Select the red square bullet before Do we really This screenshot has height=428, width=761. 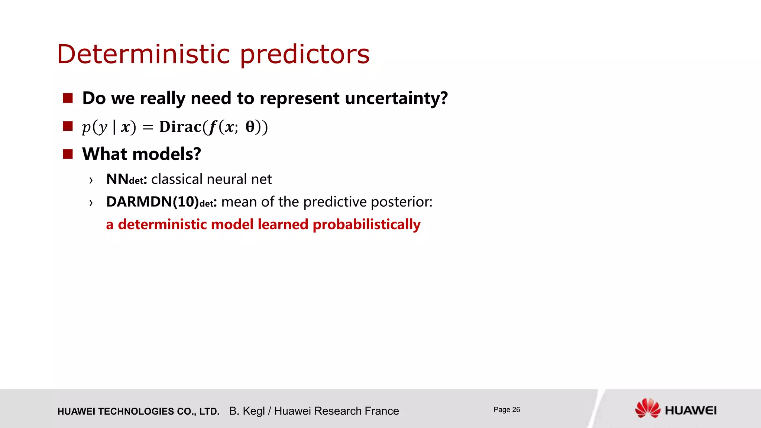click(x=68, y=98)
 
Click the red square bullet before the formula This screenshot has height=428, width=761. click(x=68, y=126)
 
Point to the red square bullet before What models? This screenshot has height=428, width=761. click(x=68, y=154)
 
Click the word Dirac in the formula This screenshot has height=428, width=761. click(x=180, y=127)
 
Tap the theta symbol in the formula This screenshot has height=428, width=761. click(x=250, y=127)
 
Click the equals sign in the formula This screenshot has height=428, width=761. click(x=148, y=127)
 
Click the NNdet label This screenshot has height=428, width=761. click(x=126, y=179)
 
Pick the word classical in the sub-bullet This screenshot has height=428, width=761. click(x=177, y=179)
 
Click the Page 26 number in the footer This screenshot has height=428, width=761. click(x=506, y=410)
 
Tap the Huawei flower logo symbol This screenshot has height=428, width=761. click(x=647, y=408)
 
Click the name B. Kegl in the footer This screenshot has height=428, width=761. click(x=247, y=411)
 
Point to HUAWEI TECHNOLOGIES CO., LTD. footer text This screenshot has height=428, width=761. click(x=138, y=411)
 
